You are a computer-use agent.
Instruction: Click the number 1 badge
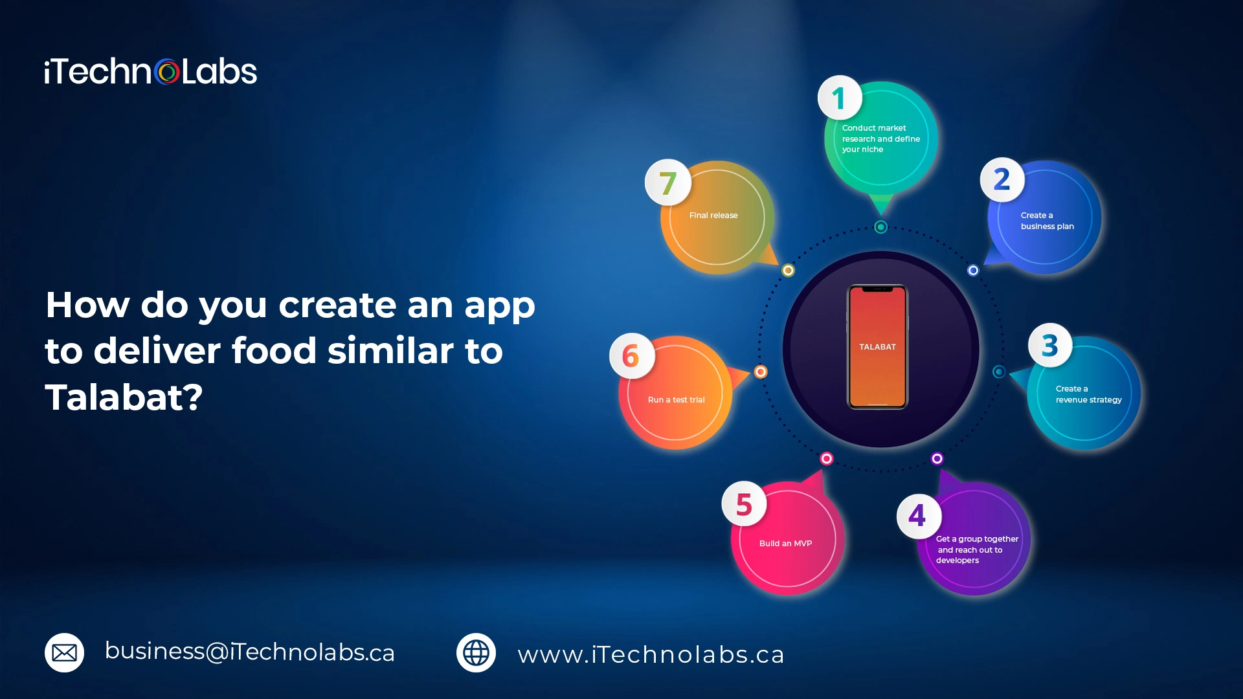click(840, 98)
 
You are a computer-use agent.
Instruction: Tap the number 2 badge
click(1002, 179)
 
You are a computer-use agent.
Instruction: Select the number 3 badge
click(1050, 345)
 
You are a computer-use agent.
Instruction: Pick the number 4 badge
click(919, 516)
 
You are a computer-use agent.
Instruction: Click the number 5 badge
click(745, 504)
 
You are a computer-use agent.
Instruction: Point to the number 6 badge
click(632, 355)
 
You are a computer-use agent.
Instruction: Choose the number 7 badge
click(668, 182)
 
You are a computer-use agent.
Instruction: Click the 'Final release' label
click(713, 216)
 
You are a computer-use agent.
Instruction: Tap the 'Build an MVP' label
click(785, 544)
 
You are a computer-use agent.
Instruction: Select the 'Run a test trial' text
click(676, 400)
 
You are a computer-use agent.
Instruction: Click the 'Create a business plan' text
click(1047, 221)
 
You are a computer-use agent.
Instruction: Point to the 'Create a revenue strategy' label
click(1088, 394)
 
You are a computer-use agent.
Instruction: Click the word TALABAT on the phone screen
click(877, 347)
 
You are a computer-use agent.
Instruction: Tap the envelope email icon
click(64, 652)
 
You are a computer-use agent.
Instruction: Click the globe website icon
click(476, 652)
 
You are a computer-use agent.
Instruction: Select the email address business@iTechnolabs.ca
click(250, 652)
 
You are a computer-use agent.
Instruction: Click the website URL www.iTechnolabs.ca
click(651, 654)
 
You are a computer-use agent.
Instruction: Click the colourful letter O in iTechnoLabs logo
click(167, 72)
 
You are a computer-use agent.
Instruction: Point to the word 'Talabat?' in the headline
click(124, 397)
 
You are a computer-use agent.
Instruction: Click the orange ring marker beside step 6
click(761, 372)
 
